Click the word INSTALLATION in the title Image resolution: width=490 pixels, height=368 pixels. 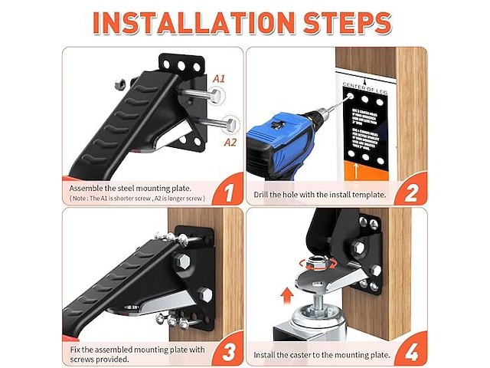point(194,22)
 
